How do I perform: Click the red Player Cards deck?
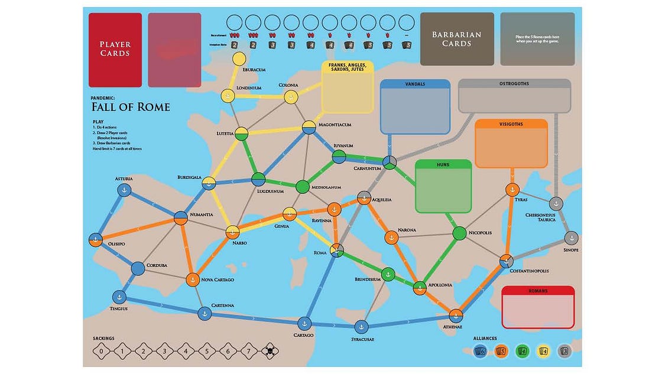pos(115,50)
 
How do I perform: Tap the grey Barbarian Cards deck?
pos(457,39)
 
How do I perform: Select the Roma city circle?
pos(336,250)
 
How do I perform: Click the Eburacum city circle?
pos(239,59)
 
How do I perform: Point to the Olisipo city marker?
pos(96,240)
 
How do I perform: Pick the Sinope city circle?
pos(570,238)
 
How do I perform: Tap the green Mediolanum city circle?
pos(302,187)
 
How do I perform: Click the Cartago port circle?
pos(304,323)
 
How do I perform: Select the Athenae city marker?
pos(455,316)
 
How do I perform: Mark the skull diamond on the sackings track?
pos(270,351)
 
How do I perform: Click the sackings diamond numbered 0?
pos(101,351)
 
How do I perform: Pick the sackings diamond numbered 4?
pos(186,351)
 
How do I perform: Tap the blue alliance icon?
pos(481,351)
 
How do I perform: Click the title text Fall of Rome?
pos(131,107)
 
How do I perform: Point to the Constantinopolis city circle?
pos(506,261)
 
